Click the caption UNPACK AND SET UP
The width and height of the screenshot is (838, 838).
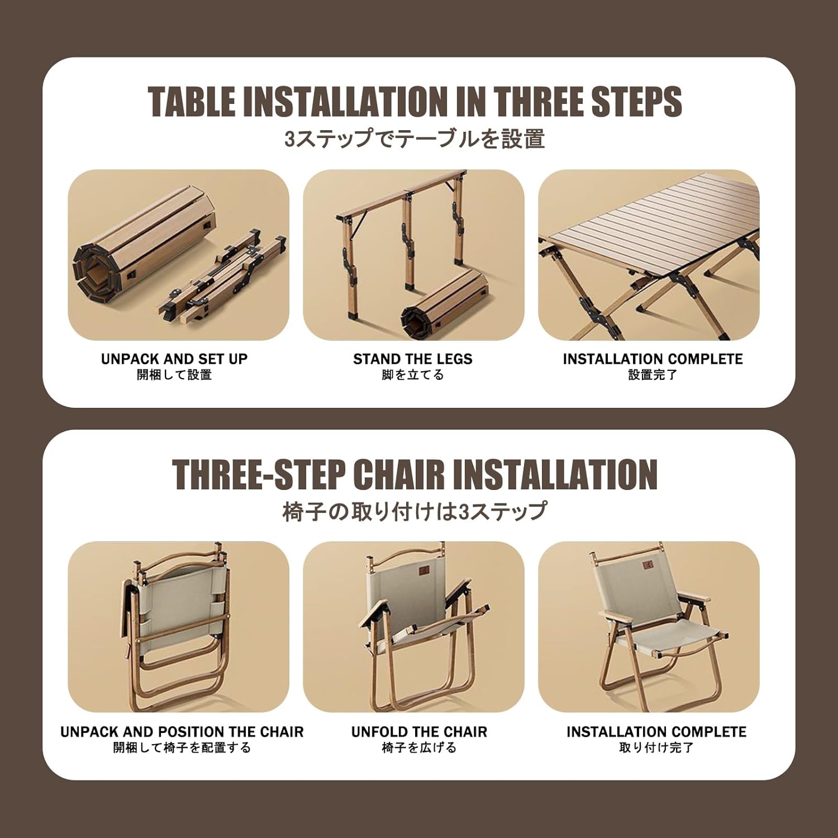174,359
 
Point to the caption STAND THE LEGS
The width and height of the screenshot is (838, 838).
413,359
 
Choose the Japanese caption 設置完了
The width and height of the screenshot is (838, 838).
653,375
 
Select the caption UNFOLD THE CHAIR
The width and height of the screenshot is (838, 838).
419,732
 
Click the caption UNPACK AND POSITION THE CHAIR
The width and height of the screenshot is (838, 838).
182,732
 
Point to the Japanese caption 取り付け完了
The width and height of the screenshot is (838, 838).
656,747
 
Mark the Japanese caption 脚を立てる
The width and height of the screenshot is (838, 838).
413,375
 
